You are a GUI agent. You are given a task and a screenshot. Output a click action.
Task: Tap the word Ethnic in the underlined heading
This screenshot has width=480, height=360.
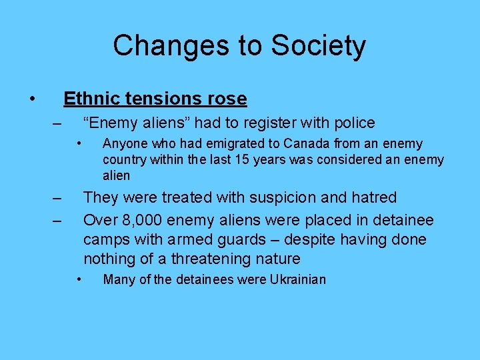click(88, 99)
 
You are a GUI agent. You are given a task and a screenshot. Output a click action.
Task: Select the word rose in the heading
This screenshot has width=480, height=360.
click(229, 99)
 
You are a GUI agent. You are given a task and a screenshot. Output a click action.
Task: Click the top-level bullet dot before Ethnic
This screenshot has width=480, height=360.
click(33, 99)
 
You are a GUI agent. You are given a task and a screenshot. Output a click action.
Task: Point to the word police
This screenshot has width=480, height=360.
click(353, 123)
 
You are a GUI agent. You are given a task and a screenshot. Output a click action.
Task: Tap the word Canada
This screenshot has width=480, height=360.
click(306, 144)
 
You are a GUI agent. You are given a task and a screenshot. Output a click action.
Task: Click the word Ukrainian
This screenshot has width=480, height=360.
click(298, 280)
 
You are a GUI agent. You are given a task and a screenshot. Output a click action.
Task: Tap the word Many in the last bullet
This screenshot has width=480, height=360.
click(119, 280)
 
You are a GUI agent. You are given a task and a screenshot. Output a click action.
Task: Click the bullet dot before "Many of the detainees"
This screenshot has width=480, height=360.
click(79, 279)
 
